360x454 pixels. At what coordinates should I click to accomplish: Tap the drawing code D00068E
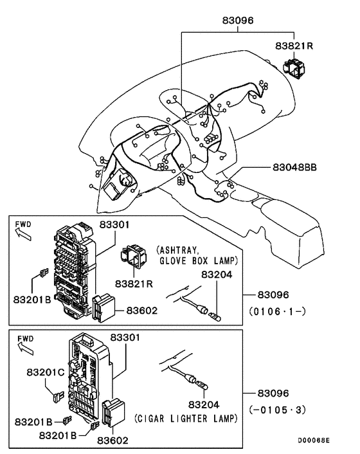[313, 441]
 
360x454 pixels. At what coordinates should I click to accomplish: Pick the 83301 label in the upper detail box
[114, 224]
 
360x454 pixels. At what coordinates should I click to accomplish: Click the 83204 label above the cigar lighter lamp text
[204, 405]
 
